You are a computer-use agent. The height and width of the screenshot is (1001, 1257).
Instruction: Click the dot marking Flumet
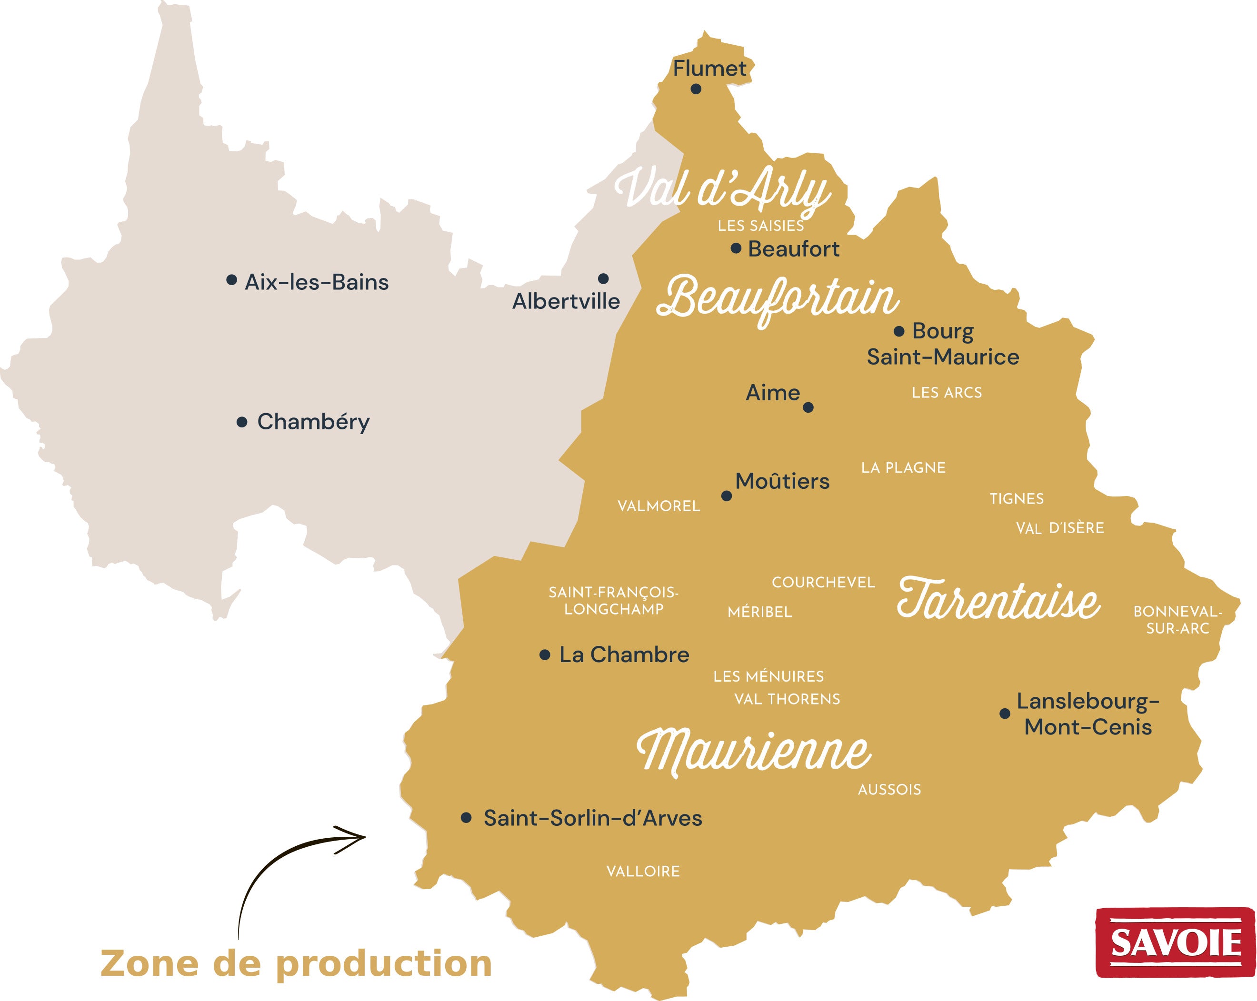click(x=696, y=89)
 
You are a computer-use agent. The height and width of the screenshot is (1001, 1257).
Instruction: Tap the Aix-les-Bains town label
click(x=316, y=282)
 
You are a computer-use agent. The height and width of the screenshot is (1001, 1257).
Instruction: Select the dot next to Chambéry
click(x=242, y=422)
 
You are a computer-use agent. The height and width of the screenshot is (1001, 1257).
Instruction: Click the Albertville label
click(x=566, y=301)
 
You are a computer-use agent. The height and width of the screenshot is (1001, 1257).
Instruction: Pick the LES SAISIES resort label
click(x=760, y=226)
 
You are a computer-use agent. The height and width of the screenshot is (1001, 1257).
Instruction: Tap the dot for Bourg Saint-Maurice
click(x=899, y=331)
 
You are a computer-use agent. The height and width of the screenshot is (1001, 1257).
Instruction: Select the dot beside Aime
click(x=808, y=407)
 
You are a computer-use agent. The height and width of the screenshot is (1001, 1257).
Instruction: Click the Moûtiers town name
click(x=782, y=482)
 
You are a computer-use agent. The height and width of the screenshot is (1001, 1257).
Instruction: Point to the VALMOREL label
click(x=659, y=506)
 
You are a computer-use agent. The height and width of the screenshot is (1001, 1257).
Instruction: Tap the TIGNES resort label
click(x=1016, y=499)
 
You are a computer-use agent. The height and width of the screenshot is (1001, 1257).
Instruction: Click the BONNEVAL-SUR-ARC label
click(x=1177, y=620)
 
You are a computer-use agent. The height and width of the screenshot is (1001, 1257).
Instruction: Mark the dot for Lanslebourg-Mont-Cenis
click(x=1005, y=714)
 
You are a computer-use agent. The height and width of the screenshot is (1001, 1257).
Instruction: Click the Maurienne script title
click(x=754, y=751)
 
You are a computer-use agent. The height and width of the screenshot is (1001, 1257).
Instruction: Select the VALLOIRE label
click(x=643, y=872)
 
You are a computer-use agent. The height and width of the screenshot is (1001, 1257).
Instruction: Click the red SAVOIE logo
click(x=1175, y=943)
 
